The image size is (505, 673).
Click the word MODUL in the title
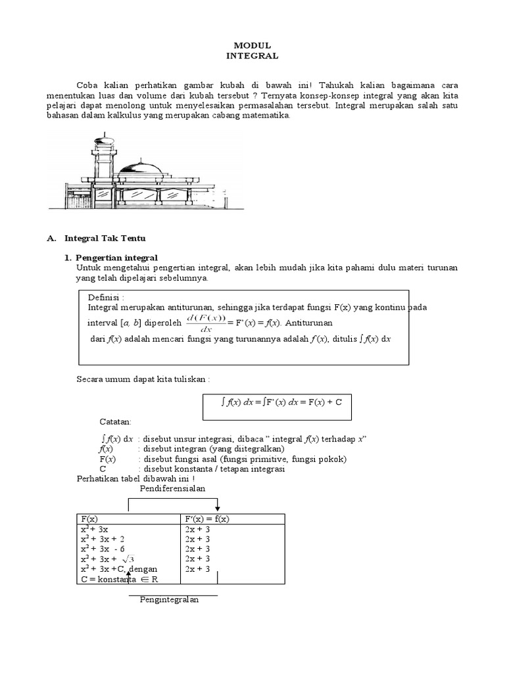point(252,45)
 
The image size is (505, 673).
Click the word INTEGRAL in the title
point(252,56)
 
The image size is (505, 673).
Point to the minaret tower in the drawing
point(102,158)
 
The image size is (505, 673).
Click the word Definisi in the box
point(106,298)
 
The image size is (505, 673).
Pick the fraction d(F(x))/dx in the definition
point(206,323)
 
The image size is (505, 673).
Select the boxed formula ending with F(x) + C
point(276,403)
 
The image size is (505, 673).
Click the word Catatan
point(115,421)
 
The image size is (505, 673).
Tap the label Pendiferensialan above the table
point(172,489)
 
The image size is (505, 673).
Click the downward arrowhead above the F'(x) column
point(217,509)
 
